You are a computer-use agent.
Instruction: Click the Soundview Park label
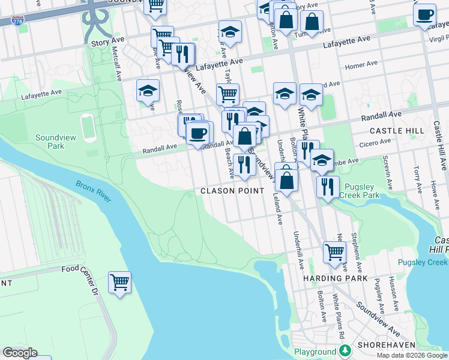(56, 142)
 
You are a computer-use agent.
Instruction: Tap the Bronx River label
(94, 191)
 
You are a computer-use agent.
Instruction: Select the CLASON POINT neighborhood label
(232, 191)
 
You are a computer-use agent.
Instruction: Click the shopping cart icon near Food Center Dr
(120, 282)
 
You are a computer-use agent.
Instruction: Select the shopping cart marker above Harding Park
(334, 252)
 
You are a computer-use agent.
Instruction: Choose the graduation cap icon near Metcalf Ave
(148, 91)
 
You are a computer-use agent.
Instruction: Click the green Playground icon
(345, 350)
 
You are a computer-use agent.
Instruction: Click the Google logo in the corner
(20, 353)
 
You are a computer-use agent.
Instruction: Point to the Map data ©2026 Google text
(411, 355)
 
